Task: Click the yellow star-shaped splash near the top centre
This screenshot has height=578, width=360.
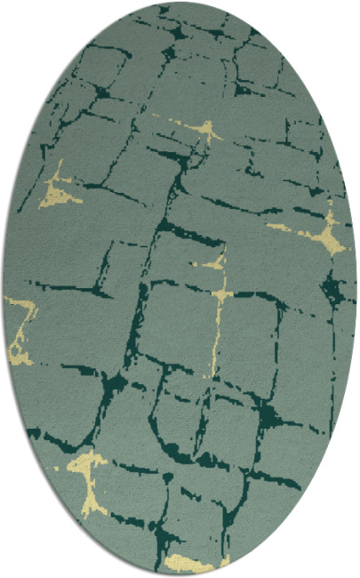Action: click(206, 132)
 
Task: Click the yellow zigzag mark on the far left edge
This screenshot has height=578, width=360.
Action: click(21, 325)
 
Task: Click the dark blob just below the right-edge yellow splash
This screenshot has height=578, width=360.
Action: click(334, 286)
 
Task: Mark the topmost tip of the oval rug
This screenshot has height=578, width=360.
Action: click(180, 3)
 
